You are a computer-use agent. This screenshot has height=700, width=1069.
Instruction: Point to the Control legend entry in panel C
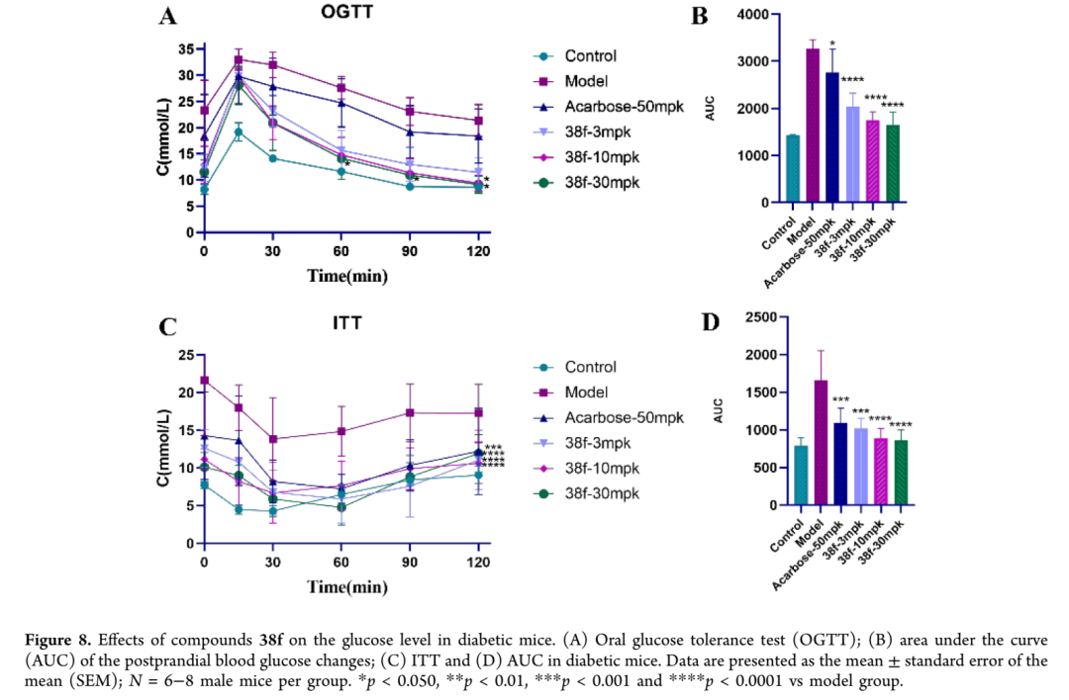[x=590, y=367]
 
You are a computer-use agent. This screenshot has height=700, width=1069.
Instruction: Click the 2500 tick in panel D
[x=756, y=317]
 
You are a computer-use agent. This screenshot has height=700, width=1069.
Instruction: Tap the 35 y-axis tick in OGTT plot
[x=186, y=49]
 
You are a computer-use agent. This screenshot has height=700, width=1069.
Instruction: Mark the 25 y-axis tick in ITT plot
[x=186, y=355]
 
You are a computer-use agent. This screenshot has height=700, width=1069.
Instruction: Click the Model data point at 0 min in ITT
[x=204, y=380]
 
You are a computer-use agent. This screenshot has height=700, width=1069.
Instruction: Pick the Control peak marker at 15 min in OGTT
[x=238, y=131]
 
